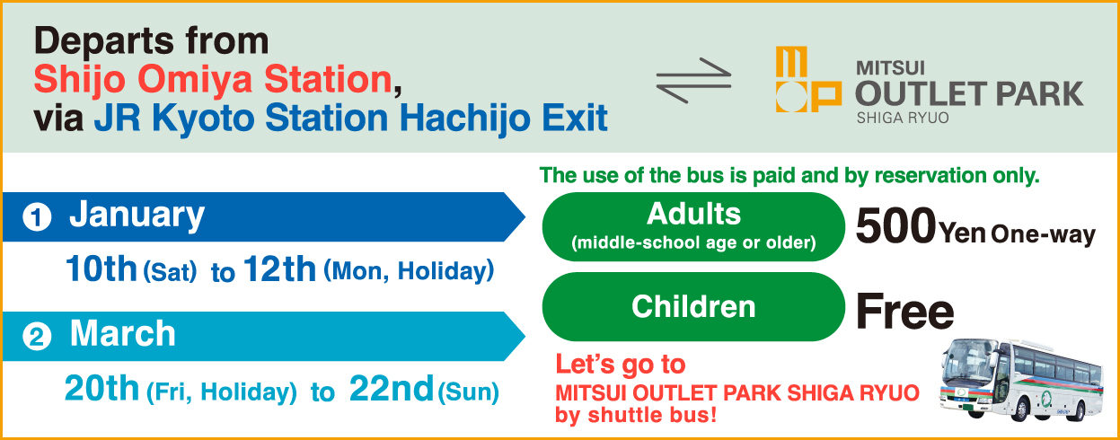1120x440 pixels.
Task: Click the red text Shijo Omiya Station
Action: tap(214, 80)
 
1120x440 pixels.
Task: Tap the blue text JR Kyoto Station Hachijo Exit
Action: tap(351, 119)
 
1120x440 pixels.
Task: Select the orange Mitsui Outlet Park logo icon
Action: tap(807, 81)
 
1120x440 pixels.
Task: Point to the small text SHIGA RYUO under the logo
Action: tap(902, 118)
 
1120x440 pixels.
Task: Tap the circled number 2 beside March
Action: tap(37, 337)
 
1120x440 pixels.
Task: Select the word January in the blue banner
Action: tap(137, 216)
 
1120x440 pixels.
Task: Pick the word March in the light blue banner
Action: tap(123, 334)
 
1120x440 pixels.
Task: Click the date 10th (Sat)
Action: tap(130, 270)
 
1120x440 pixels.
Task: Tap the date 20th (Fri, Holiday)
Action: tap(181, 390)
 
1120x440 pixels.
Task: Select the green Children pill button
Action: tap(693, 307)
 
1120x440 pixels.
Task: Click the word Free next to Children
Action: tap(904, 312)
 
